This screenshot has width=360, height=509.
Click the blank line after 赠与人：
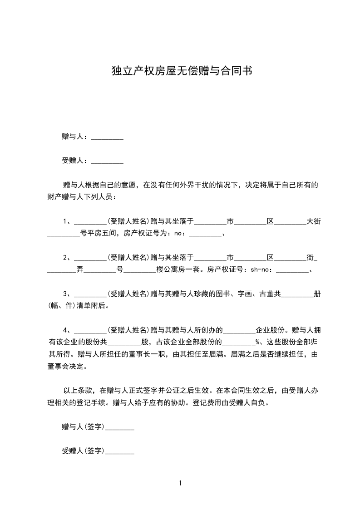coord(107,137)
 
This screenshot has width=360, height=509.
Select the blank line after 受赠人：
coord(107,161)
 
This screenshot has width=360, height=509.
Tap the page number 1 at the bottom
coord(180,483)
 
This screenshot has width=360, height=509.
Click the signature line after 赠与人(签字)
coord(119,427)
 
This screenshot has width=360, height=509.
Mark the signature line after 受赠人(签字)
coord(119,451)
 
